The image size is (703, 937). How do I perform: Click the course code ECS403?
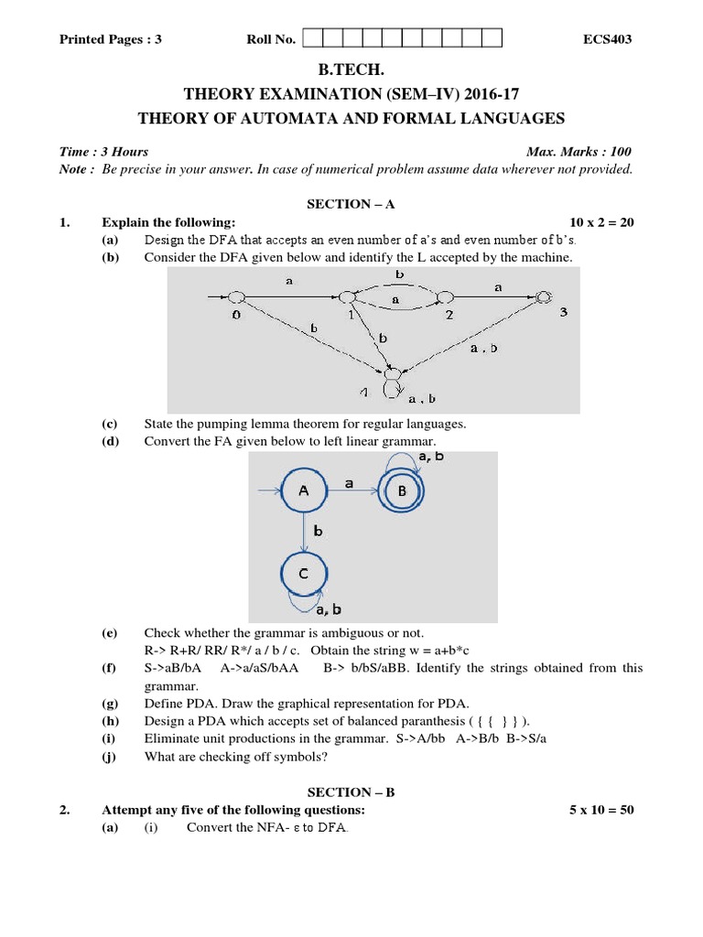(607, 39)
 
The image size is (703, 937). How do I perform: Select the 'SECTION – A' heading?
(350, 205)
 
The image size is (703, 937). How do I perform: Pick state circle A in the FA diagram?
(304, 491)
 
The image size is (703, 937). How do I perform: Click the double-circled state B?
(401, 491)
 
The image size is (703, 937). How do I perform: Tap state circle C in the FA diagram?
(304, 574)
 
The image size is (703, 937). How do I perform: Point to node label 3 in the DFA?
(563, 313)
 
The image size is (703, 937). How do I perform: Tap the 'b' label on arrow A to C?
(318, 531)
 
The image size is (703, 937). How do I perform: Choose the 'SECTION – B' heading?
(350, 792)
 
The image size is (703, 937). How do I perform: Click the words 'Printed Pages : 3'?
(110, 39)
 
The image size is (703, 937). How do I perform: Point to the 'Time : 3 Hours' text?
(103, 152)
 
